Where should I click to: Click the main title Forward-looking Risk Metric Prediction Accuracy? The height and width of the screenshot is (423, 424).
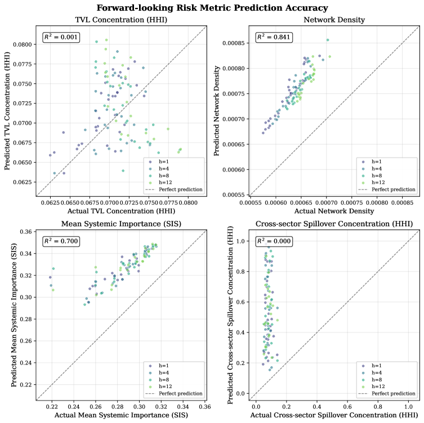[x=212, y=8]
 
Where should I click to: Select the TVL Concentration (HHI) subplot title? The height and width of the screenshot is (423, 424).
[x=121, y=20]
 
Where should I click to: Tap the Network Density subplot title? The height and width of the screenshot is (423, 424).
[x=334, y=20]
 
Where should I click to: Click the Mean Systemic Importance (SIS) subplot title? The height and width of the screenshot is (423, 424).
[x=121, y=224]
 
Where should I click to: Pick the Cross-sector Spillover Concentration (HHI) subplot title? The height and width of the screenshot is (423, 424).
[x=334, y=224]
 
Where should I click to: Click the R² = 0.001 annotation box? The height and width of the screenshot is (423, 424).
[x=61, y=38]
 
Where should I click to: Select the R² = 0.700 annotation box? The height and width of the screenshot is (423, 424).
[x=61, y=241]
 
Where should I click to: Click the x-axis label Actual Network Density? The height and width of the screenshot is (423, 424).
[x=334, y=211]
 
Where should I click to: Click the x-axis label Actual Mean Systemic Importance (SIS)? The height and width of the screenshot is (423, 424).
[x=121, y=415]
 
